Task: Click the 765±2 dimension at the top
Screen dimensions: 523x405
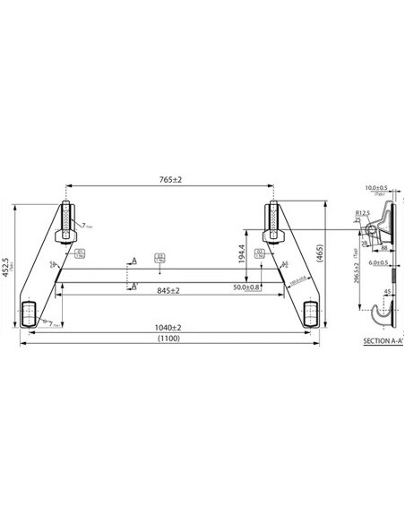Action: pos(169,180)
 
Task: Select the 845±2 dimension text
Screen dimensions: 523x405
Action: pos(168,291)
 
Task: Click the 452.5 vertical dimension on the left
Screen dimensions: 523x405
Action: pos(8,268)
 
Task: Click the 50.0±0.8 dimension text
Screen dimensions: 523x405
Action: pos(247,287)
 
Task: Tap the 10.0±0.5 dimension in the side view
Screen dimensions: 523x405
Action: pos(375,189)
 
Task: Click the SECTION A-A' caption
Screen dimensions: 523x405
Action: pos(383,342)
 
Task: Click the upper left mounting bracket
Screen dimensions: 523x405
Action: pos(65,223)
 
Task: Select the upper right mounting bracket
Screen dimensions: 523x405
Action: pos(273,223)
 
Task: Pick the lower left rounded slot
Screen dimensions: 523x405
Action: pos(29,313)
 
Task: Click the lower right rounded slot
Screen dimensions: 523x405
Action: pos(310,313)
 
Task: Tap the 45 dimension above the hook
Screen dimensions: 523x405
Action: pos(386,292)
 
